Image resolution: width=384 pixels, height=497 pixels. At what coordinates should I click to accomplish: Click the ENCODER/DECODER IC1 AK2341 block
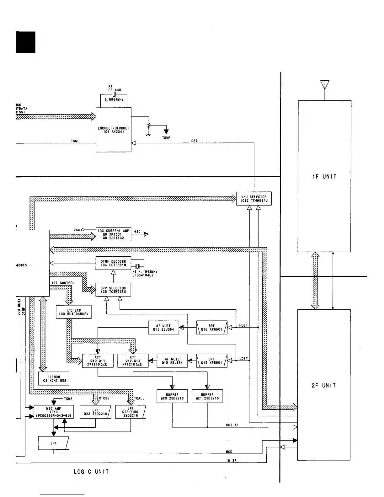point(114,130)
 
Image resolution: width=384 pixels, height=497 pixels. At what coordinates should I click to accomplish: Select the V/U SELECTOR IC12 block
point(254,199)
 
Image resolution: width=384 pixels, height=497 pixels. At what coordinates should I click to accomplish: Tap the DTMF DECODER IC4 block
point(113,263)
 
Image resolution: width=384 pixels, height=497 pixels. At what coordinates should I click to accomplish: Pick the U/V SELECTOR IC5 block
point(113,290)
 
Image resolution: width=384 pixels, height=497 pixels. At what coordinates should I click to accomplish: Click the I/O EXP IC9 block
point(74,312)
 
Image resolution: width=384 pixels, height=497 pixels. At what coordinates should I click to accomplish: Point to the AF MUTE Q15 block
point(163,328)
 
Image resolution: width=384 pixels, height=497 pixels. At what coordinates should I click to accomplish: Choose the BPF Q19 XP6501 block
point(211,361)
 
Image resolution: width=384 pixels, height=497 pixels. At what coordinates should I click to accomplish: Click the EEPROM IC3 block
point(54,379)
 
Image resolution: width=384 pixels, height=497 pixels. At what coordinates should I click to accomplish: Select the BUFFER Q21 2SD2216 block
point(207,397)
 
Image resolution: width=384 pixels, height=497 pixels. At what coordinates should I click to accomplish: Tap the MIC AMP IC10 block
point(54,412)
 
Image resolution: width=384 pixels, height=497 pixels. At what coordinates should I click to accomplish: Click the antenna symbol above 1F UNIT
point(325,85)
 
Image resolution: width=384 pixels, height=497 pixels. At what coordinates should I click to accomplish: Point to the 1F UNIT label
point(324,177)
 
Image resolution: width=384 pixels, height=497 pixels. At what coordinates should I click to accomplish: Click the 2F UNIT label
point(324,386)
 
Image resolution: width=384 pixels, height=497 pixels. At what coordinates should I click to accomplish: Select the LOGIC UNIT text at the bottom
point(91,472)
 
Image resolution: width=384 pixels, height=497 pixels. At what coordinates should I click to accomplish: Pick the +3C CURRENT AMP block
point(113,234)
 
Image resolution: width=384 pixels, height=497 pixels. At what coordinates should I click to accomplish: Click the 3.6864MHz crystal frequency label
point(114,100)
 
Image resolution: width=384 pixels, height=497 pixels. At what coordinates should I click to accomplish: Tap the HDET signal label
point(243,325)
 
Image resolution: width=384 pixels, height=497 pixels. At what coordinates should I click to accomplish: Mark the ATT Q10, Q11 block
point(98,361)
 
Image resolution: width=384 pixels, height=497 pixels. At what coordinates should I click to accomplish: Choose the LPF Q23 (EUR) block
point(131,412)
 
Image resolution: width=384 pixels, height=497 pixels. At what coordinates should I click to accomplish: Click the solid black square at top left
point(26,42)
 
